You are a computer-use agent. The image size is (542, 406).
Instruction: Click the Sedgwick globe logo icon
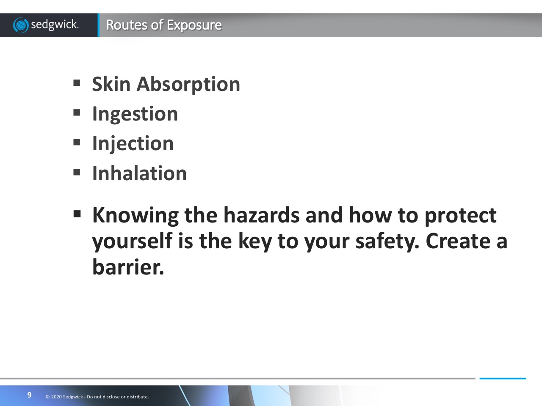21,25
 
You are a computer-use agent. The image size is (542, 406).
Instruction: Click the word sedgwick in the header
55,25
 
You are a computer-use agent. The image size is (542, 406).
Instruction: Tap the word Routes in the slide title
127,25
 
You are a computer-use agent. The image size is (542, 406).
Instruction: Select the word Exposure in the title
194,25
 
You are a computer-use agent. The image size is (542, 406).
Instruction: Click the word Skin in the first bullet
111,84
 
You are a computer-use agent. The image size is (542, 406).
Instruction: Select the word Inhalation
139,173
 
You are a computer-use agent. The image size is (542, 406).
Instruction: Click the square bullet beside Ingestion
77,112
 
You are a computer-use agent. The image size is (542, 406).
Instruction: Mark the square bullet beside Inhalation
77,172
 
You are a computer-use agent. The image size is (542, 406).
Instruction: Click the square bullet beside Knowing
77,214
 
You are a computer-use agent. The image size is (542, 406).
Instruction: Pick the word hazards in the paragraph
262,215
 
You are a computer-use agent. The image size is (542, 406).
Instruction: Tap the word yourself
133,242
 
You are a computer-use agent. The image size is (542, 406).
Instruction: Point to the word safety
387,242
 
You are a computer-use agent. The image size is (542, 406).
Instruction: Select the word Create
458,241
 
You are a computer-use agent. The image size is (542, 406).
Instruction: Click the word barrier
128,267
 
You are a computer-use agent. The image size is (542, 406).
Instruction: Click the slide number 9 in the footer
29,395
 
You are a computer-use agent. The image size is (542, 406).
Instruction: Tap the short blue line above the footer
503,379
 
